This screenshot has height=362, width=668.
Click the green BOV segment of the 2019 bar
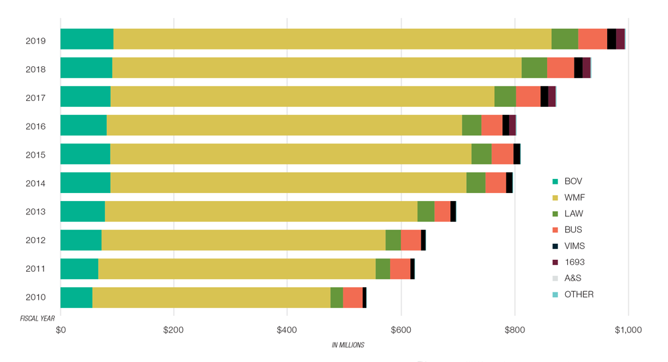pyautogui.click(x=87, y=39)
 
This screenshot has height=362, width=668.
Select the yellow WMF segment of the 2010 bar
pyautogui.click(x=211, y=297)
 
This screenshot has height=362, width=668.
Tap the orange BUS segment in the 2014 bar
pyautogui.click(x=496, y=182)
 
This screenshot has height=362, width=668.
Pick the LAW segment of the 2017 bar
pyautogui.click(x=505, y=96)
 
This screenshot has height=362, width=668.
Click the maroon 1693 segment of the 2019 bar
pyautogui.click(x=620, y=39)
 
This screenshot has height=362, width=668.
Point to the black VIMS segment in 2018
pyautogui.click(x=578, y=68)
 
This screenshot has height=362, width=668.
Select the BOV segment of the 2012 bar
pyautogui.click(x=81, y=240)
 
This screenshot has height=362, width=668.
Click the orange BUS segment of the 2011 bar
pyautogui.click(x=400, y=268)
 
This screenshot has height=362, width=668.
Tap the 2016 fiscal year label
pyautogui.click(x=35, y=126)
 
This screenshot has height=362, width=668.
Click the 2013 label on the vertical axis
pyautogui.click(x=35, y=212)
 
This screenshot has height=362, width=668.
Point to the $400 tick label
pyautogui.click(x=287, y=330)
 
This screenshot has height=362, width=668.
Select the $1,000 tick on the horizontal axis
pyautogui.click(x=627, y=330)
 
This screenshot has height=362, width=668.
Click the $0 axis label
pyautogui.click(x=61, y=330)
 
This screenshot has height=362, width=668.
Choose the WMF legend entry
pyautogui.click(x=575, y=198)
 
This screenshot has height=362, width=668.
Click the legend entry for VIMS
pyautogui.click(x=574, y=246)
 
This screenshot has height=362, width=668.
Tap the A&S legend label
pyautogui.click(x=572, y=278)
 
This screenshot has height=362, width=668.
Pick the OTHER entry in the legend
pyautogui.click(x=578, y=294)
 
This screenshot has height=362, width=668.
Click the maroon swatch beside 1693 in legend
pyautogui.click(x=555, y=262)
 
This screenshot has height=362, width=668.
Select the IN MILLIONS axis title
pyautogui.click(x=348, y=345)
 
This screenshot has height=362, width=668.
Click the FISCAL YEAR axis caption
pyautogui.click(x=37, y=319)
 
